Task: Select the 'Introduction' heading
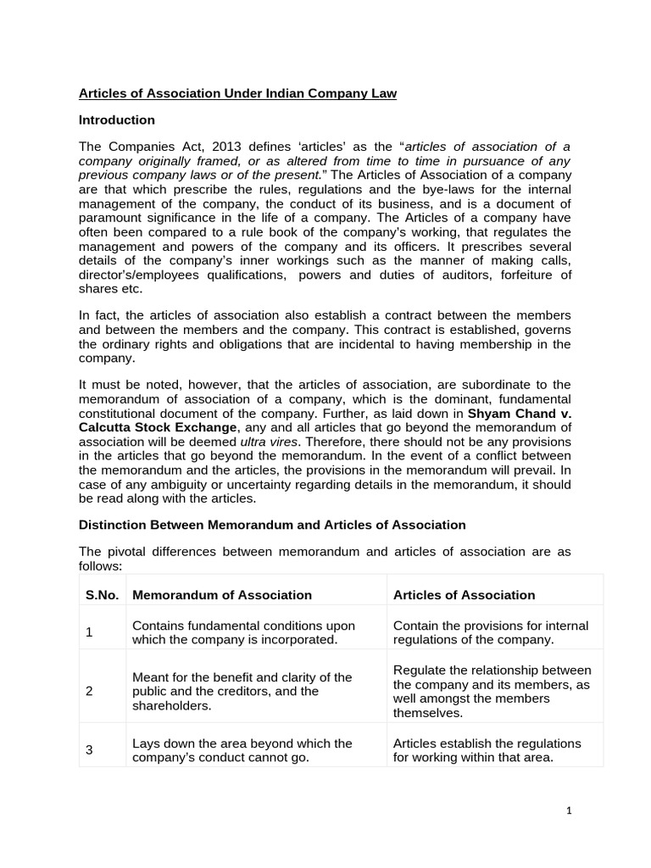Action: click(116, 120)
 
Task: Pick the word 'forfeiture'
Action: click(540, 275)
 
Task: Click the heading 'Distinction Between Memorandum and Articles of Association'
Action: click(271, 525)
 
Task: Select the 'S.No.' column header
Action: click(102, 595)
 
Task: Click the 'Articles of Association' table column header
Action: click(464, 595)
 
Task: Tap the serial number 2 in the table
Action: click(90, 691)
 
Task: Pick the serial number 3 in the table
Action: click(90, 750)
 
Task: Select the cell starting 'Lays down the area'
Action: click(242, 750)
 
